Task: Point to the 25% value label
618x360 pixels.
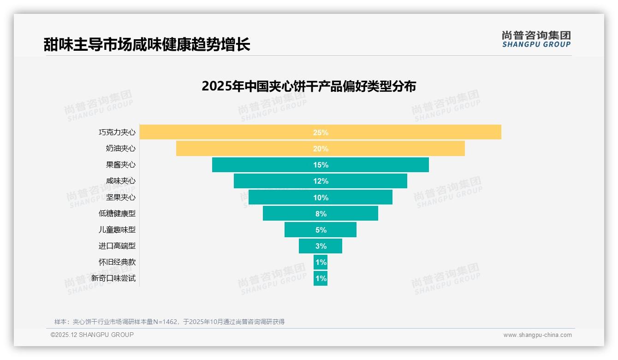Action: pos(321,132)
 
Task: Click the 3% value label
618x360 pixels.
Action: pos(321,246)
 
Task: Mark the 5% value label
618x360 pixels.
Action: pos(321,230)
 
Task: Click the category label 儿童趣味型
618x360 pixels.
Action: pos(117,230)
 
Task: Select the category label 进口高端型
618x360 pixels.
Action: pos(117,246)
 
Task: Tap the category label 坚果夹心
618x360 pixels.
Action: pos(121,197)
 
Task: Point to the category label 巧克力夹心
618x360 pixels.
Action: pos(117,132)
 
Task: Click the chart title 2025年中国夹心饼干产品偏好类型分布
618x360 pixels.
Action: pos(309,86)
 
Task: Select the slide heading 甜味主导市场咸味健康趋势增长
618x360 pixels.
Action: pos(147,45)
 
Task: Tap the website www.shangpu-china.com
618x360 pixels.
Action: pos(537,335)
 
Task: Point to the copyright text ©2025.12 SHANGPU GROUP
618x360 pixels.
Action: pos(92,335)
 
